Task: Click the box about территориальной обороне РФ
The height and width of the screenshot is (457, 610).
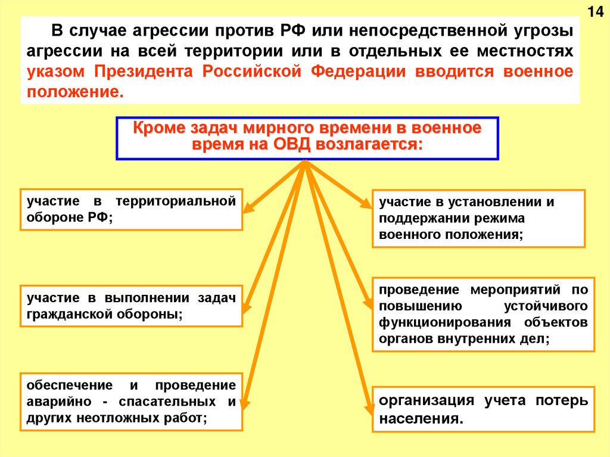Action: coord(131,209)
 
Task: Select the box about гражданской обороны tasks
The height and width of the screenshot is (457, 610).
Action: coord(131,306)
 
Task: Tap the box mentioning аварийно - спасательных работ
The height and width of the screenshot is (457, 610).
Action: coord(131,402)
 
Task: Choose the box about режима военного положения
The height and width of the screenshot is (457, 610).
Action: coord(478,218)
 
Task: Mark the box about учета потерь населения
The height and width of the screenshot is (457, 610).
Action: coord(483,409)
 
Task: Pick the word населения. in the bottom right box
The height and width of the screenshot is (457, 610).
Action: coord(421,418)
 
